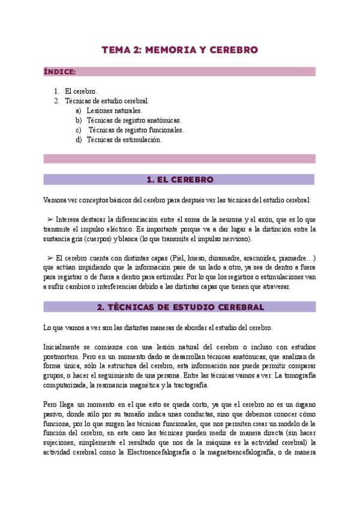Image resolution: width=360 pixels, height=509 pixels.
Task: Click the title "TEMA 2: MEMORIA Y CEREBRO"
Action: (x=179, y=50)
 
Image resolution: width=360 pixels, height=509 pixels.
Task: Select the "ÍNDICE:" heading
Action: (x=59, y=72)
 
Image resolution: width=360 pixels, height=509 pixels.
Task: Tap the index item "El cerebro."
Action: (x=81, y=91)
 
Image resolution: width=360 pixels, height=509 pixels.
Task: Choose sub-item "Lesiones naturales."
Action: (x=115, y=110)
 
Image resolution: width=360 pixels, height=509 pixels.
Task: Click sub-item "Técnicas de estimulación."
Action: (x=124, y=139)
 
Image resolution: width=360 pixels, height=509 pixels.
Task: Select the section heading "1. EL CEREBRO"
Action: (x=179, y=179)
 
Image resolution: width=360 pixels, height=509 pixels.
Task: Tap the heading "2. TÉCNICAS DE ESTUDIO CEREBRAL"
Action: (x=179, y=307)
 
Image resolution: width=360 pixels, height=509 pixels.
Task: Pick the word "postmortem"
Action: (x=64, y=356)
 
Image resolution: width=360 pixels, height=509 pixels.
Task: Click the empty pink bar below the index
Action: (x=179, y=159)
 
